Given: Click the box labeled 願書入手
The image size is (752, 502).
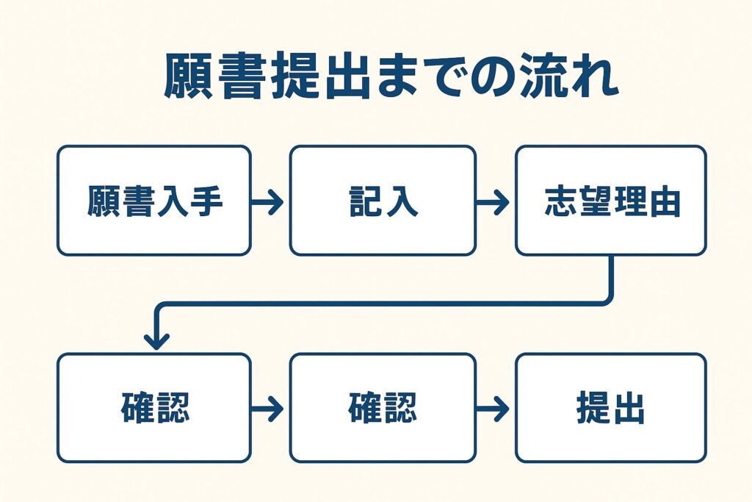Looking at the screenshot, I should pos(154,201).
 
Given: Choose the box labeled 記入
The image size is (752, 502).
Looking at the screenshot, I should pos(382,201).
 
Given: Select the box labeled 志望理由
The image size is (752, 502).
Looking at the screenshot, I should pos(610,201).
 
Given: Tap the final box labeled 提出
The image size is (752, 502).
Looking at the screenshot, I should pos(610,408).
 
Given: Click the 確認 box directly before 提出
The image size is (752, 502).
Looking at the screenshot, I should pos(382,408).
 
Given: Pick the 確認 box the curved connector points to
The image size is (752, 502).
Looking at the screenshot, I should pos(154,408).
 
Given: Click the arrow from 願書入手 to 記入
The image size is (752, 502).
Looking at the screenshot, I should pos(269,201).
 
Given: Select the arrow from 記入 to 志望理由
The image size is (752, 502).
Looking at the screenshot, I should pos(494,201).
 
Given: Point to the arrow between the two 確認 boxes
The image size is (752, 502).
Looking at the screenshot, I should pos(269,409).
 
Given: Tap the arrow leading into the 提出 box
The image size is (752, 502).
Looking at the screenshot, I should pos(494,409).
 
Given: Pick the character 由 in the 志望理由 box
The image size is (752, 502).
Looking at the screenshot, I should pos(665,201).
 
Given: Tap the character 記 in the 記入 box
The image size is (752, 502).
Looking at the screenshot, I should pos(365,201).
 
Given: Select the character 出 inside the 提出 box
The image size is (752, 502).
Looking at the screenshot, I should pos(629,409).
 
